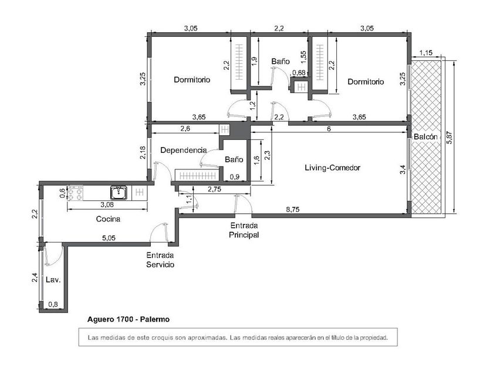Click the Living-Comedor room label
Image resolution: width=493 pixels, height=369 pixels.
[x=332, y=168]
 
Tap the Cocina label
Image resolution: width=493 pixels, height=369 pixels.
[x=108, y=218]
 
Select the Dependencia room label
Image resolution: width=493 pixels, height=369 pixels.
[x=184, y=150]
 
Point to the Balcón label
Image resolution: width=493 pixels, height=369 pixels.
[x=426, y=136]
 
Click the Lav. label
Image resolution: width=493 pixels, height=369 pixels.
[x=53, y=279]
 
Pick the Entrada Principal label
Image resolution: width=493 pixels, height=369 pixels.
[x=244, y=230]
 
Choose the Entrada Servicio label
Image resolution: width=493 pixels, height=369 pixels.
[x=160, y=260]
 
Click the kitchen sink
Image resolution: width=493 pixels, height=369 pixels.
[x=119, y=192]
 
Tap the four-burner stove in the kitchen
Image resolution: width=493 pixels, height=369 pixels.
[x=76, y=193]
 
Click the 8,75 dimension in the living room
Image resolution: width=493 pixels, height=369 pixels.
[x=293, y=210]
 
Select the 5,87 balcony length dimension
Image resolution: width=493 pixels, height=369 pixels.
[x=450, y=137]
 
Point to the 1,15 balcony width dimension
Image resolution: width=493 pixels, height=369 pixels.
[x=426, y=53]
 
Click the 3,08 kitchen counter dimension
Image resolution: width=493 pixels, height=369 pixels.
[x=107, y=204]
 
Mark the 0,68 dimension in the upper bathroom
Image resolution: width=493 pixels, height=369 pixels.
[x=299, y=73]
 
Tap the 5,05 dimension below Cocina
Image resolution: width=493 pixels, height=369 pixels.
[x=109, y=238]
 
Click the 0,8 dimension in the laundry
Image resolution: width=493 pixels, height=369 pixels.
[x=53, y=304]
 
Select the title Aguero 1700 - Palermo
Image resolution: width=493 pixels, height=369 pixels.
[x=129, y=319]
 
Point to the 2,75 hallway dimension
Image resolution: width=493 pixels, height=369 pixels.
[x=214, y=189]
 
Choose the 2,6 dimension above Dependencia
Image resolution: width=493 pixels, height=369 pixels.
[x=185, y=129]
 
